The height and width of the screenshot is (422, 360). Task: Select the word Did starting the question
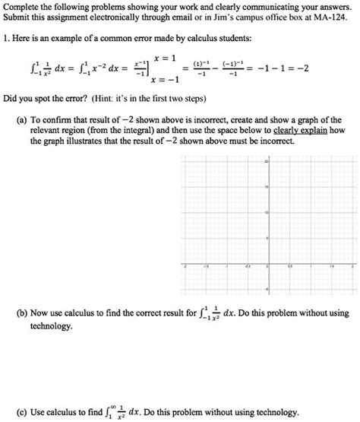pos(11,99)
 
